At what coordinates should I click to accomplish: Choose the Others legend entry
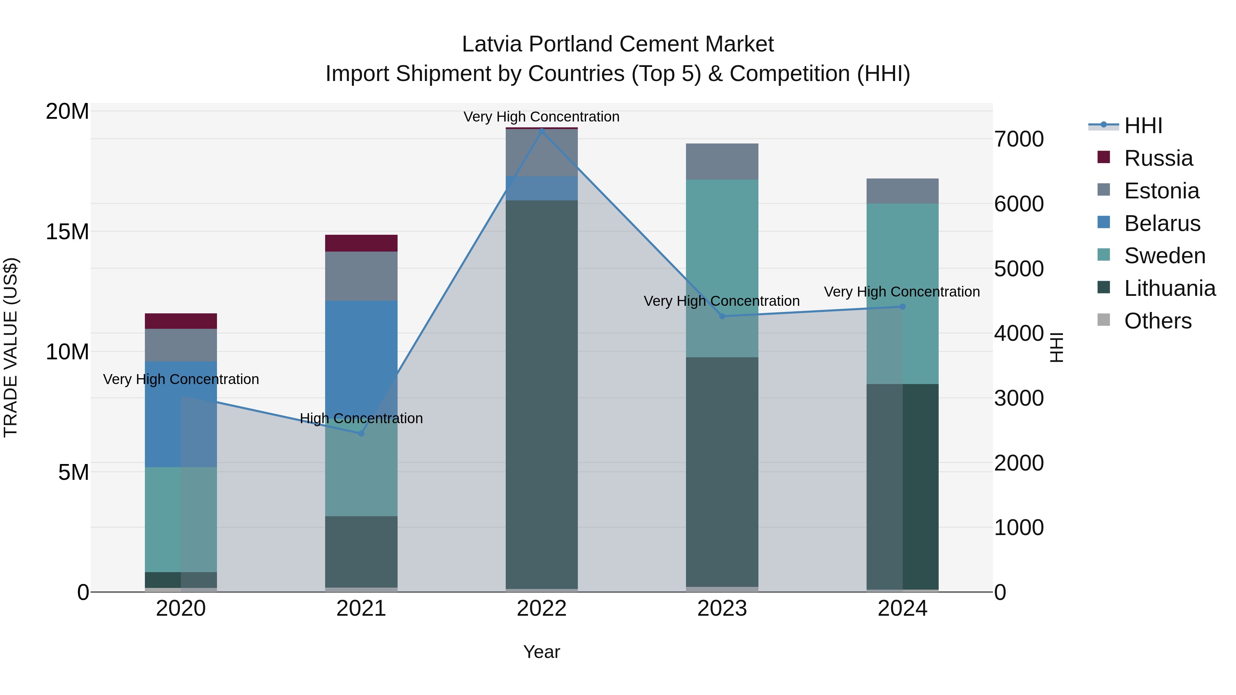1157,321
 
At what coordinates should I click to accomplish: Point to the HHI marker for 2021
361,433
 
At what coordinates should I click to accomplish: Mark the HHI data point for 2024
902,306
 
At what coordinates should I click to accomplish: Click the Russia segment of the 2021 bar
361,243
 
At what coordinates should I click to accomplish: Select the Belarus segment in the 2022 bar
542,188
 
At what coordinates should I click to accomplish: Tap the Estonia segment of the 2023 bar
722,162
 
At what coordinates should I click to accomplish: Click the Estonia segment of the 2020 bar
181,345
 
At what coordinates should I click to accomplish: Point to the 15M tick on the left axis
67,232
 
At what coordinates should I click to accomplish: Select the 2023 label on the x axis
722,609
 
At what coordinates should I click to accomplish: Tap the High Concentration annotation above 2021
361,418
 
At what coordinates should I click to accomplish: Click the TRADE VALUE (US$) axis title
11,347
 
